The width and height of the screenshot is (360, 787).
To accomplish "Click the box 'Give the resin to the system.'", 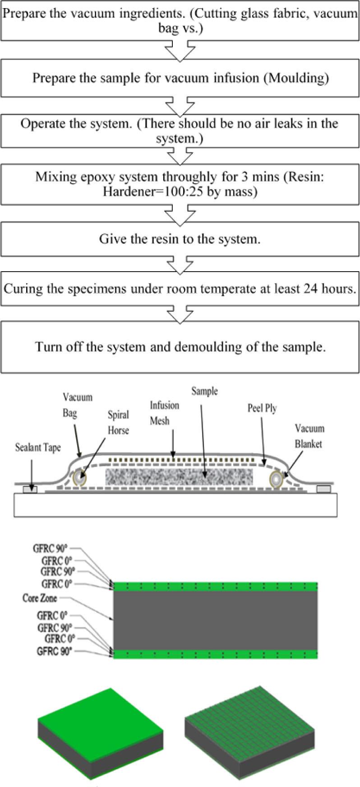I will click(x=180, y=239).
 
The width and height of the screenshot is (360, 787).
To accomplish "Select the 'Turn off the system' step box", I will click(x=180, y=347).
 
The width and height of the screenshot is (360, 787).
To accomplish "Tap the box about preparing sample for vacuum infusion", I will click(x=180, y=78).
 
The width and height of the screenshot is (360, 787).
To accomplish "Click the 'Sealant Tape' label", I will click(x=37, y=448).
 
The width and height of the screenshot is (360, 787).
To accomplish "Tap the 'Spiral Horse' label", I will click(x=118, y=422).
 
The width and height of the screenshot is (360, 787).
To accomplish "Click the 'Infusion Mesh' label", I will click(x=164, y=413).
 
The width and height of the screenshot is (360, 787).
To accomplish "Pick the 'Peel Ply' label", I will click(x=262, y=408).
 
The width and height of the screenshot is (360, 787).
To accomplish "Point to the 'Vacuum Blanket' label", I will click(x=309, y=436).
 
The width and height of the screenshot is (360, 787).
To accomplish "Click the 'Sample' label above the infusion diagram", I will click(x=204, y=391).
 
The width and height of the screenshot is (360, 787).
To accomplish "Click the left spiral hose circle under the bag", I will click(x=80, y=478).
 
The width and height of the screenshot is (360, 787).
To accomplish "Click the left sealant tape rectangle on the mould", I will click(x=30, y=489).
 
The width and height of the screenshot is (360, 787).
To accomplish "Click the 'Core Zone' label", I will click(x=40, y=598).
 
